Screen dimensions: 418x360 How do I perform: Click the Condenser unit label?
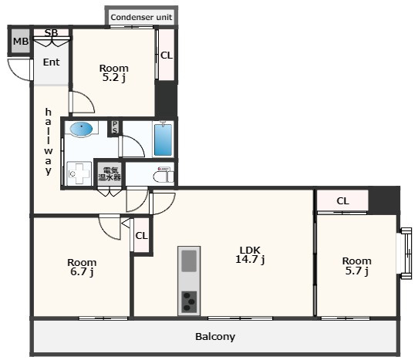coord(141,17)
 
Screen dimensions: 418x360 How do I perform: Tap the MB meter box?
coord(21,41)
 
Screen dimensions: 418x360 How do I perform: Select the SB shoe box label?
coord(51,32)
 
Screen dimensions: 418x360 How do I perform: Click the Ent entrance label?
coord(51,62)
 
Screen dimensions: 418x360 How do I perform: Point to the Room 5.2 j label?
coord(114,72)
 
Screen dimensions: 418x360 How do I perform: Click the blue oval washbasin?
coord(81,129)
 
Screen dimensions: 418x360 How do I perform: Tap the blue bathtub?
coord(163,140)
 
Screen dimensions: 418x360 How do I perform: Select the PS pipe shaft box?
coord(115,127)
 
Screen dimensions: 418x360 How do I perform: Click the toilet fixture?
coord(163,174)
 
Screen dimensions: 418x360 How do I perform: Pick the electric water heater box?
coord(110,173)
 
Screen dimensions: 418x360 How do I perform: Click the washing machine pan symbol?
coord(79,173)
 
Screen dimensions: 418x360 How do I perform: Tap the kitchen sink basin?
coord(189,261)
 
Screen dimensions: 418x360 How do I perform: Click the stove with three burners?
coord(189,302)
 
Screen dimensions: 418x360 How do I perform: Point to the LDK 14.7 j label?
coord(250,254)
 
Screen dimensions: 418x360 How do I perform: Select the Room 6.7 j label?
coord(82,267)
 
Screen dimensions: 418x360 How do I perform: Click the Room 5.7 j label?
coord(356,266)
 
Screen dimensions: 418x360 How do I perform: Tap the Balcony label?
coord(215,337)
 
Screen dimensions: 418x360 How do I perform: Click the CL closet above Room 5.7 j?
coord(342,200)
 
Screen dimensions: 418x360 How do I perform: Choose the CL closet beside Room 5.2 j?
coord(167,55)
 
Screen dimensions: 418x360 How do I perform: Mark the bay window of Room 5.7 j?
coord(406,253)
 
